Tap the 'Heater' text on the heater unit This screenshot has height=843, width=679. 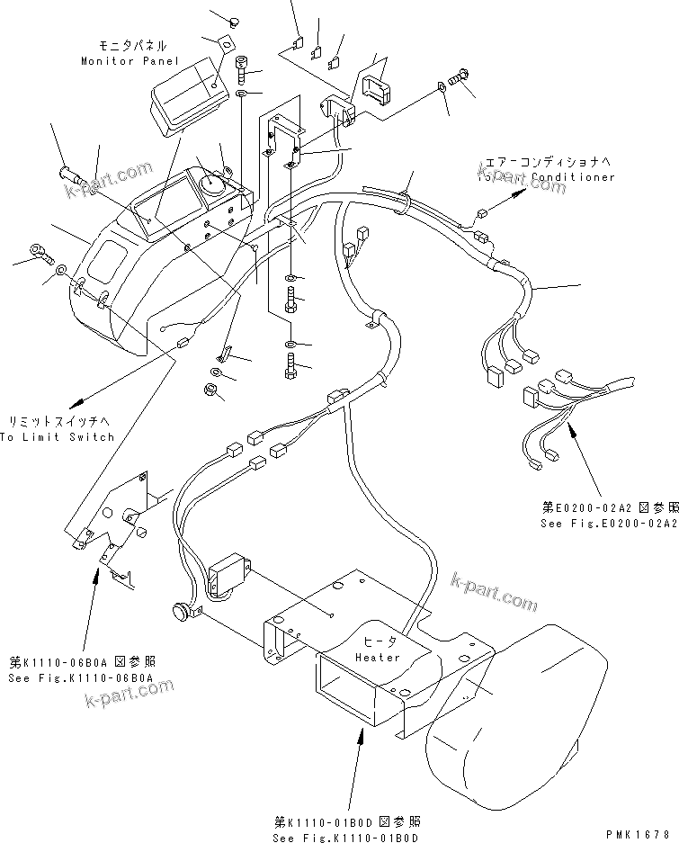378,657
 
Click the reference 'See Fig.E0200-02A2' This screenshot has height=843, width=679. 609,523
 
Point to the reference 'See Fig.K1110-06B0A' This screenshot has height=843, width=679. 82,677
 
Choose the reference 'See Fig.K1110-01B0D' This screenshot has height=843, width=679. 347,839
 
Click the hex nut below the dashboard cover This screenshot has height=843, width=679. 205,390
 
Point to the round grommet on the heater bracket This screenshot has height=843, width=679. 183,612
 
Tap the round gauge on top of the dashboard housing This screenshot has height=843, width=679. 214,183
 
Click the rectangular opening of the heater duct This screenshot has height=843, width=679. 347,691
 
